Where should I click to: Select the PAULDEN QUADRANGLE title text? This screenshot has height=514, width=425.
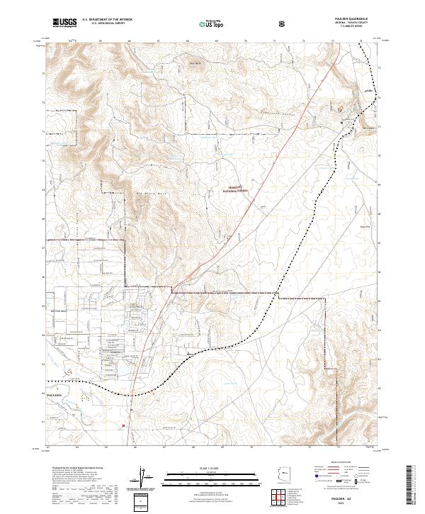click(351, 19)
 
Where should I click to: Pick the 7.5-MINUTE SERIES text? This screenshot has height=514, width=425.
click(351, 28)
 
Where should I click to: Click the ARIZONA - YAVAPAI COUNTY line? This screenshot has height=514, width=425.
click(351, 23)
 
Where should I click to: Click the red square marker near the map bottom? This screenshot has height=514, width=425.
click(125, 425)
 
